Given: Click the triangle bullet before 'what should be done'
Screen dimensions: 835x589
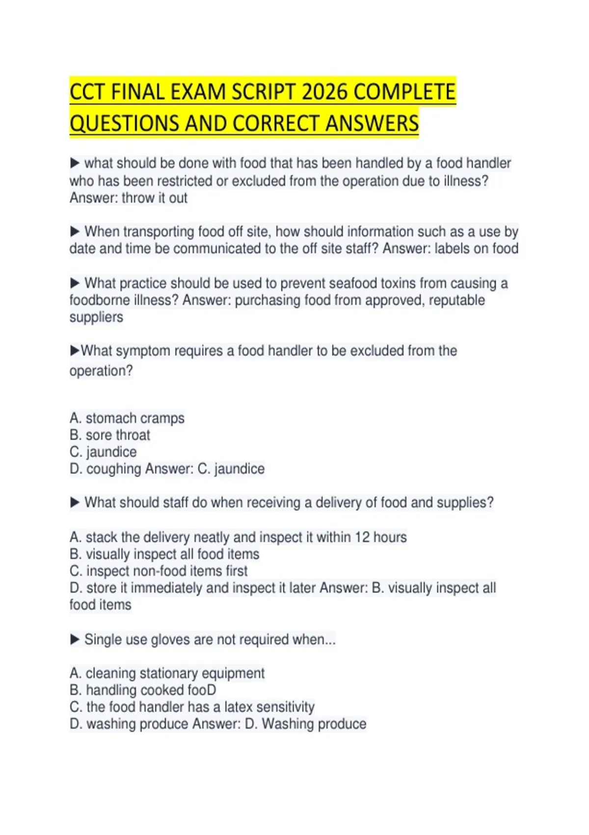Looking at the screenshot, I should tap(75, 163).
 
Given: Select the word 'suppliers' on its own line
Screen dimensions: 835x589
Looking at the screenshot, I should tap(96, 317).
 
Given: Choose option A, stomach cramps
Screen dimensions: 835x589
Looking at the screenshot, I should tap(127, 418).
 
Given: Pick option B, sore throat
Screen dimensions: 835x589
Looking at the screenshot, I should tap(110, 435).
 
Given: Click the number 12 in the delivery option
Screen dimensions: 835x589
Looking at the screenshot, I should tap(362, 537).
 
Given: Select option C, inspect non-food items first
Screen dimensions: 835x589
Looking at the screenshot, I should tap(159, 571).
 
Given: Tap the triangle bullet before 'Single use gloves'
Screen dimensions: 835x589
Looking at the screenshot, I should tap(75, 639).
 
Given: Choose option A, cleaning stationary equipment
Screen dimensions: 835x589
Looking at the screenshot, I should tap(167, 673).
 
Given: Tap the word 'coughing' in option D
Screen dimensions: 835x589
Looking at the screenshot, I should tap(114, 469).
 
